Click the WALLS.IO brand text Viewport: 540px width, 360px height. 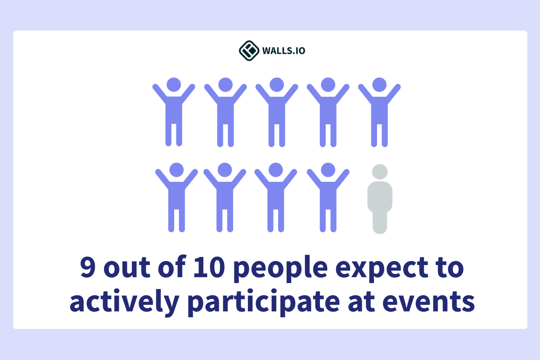tap(283, 50)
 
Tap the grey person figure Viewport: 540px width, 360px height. tap(380, 200)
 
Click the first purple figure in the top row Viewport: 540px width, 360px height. tap(174, 112)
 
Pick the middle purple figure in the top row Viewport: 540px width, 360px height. tap(276, 112)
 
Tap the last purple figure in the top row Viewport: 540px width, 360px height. tap(379, 112)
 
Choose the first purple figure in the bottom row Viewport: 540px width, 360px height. tap(176, 198)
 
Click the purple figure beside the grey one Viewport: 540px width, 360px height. tap(328, 198)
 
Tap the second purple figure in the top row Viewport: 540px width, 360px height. tap(225, 112)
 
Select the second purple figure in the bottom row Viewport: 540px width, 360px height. tap(225, 198)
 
